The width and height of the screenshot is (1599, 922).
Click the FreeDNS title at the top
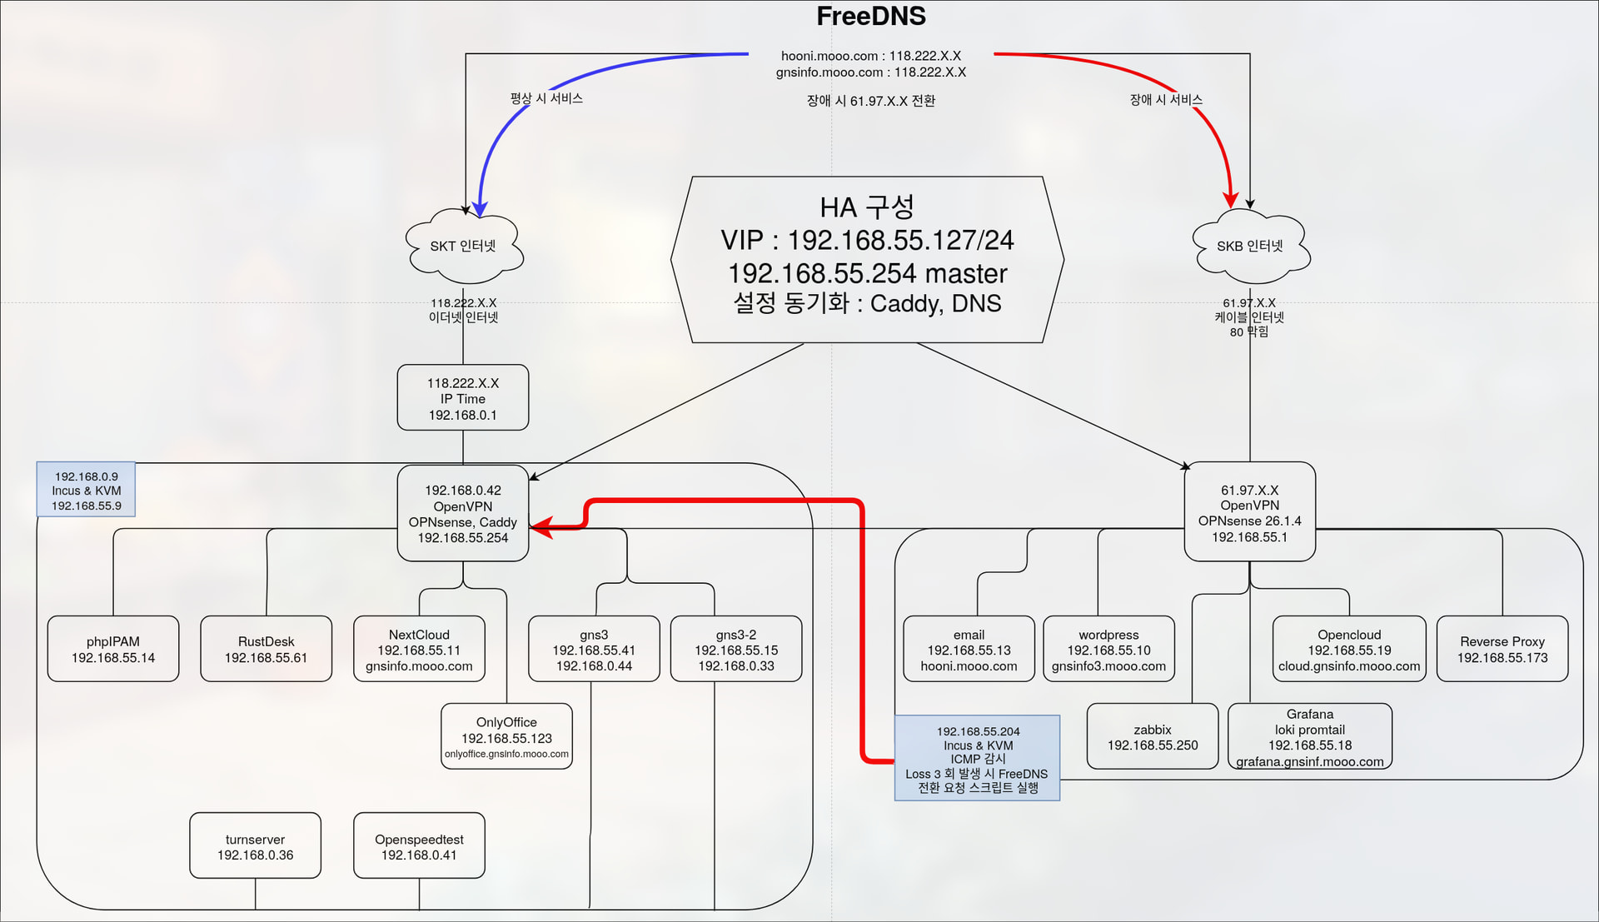tap(870, 17)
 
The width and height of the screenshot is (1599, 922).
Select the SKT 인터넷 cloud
tap(463, 246)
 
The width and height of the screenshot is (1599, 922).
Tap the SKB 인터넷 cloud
tap(1250, 246)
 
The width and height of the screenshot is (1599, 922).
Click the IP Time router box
tap(463, 398)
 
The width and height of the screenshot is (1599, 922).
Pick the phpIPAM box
tap(113, 649)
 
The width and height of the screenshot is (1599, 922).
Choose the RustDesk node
tap(266, 649)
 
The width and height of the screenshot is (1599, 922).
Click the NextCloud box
tap(419, 650)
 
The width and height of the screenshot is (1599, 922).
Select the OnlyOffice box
tap(506, 736)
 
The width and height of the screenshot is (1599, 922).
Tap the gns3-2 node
tap(736, 650)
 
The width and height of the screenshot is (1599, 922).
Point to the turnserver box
tap(255, 846)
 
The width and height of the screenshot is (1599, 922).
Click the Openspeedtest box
tap(419, 846)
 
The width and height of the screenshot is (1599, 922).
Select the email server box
tap(969, 650)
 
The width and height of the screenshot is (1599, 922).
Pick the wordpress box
tap(1108, 650)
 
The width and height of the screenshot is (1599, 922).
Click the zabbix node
tap(1153, 736)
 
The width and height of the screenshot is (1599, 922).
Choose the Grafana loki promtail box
tap(1310, 737)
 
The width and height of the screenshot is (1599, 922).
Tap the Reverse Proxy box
tap(1502, 649)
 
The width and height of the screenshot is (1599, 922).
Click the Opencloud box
tap(1349, 650)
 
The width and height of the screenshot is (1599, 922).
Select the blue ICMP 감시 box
tap(978, 758)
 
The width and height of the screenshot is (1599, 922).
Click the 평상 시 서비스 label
tap(546, 98)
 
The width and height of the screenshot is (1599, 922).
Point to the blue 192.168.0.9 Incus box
tap(87, 491)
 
